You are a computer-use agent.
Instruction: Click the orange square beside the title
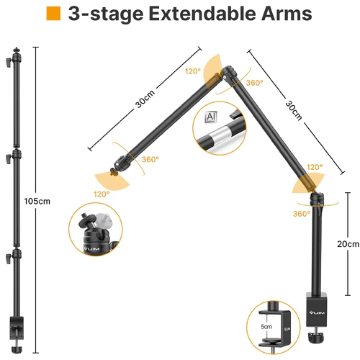click(53, 14)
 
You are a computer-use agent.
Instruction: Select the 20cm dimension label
click(347, 244)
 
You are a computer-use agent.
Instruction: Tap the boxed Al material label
click(211, 117)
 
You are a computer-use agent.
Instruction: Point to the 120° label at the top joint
click(192, 71)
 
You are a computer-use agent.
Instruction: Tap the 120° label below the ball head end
click(101, 194)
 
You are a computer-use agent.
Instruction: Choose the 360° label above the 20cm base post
click(301, 214)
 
